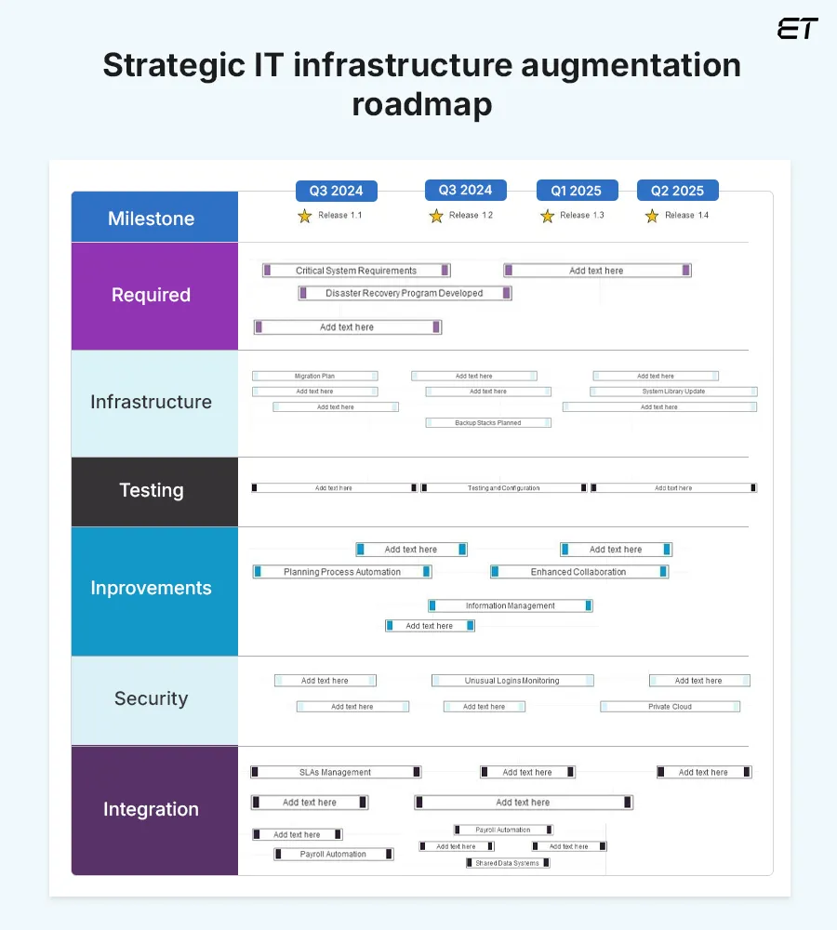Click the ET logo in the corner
797,29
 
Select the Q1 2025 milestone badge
576,191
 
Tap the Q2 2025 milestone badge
677,191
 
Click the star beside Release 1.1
305,216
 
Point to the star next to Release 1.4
652,216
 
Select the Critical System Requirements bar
356,271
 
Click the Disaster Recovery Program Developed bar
405,293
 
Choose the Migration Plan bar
314,377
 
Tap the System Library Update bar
673,392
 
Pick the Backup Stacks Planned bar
488,423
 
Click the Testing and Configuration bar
503,488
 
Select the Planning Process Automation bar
342,572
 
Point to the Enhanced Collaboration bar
578,572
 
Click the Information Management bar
510,605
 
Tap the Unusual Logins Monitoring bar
512,681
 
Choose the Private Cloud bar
670,707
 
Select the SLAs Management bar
335,772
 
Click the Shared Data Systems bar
508,863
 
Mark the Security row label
152,698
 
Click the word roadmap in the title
421,105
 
